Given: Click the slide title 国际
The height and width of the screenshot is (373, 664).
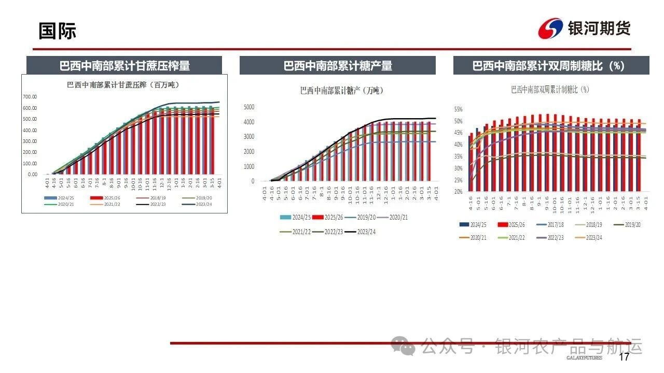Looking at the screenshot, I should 57,31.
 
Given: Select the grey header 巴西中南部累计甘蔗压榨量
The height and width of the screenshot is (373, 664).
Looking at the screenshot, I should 125,66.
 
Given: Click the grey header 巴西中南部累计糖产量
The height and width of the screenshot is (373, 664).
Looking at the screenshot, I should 337,66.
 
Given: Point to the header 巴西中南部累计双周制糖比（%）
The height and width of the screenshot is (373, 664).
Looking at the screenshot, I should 551,66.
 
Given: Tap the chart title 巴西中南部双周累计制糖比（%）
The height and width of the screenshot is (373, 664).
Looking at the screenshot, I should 550,90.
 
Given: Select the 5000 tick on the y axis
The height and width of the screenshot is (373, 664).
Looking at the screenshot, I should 249,107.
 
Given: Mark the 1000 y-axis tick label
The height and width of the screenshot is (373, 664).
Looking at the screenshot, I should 249,167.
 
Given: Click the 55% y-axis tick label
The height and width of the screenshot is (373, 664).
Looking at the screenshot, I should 458,109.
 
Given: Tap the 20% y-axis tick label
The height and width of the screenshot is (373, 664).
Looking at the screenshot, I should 458,192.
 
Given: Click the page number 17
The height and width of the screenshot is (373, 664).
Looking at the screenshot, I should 624,357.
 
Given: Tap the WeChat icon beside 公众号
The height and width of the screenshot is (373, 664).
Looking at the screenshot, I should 403,346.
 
